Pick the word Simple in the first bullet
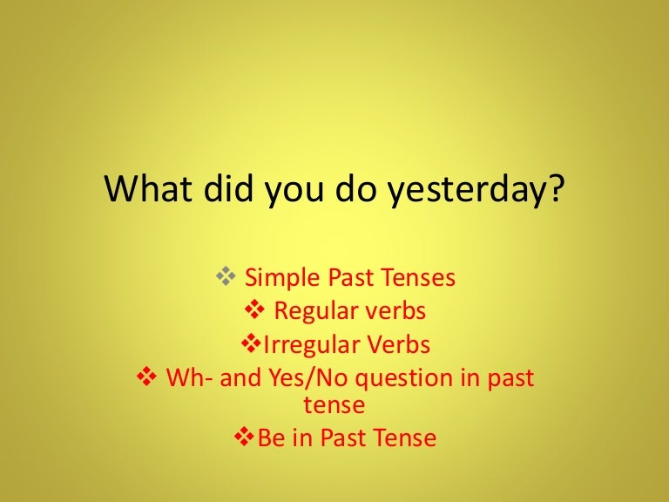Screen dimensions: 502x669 [282, 278]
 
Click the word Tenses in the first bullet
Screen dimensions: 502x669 [418, 278]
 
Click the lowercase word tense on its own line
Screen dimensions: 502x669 [334, 405]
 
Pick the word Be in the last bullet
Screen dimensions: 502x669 [271, 438]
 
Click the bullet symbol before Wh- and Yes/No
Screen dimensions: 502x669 [145, 378]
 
